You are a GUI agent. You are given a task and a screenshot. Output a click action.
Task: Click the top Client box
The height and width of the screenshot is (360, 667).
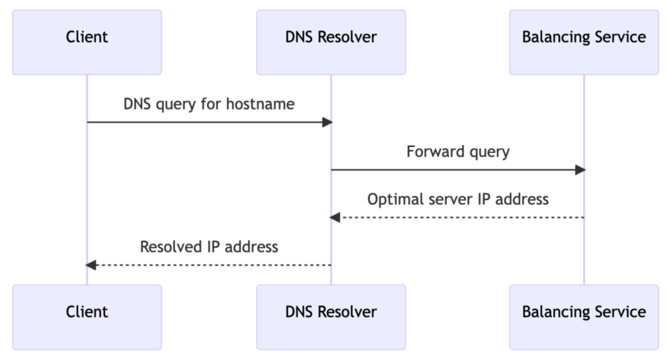tap(87, 42)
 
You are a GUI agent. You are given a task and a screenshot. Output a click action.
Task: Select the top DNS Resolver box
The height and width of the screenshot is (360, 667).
tap(331, 42)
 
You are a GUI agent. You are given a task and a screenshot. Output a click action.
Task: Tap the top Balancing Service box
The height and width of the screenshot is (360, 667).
tap(584, 42)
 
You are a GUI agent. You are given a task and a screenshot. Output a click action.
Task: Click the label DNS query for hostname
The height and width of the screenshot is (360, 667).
tap(209, 104)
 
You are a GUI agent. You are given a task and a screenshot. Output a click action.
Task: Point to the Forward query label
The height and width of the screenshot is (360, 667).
tap(458, 152)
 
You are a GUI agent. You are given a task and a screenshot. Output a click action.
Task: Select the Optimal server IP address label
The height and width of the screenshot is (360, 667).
tap(458, 199)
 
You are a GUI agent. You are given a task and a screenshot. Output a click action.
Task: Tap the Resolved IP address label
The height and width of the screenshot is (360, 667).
tap(209, 247)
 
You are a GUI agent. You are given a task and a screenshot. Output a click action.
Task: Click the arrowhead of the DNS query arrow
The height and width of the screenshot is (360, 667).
tap(328, 122)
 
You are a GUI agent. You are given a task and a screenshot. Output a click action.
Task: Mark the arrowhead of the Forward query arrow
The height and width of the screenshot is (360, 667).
tap(580, 170)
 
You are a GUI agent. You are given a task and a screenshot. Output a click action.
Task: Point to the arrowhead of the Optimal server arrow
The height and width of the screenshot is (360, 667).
tap(335, 217)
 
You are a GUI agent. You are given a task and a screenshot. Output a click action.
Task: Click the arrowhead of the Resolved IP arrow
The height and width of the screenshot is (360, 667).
tap(91, 265)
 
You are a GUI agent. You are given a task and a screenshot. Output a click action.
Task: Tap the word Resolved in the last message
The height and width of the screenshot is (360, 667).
tap(169, 247)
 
